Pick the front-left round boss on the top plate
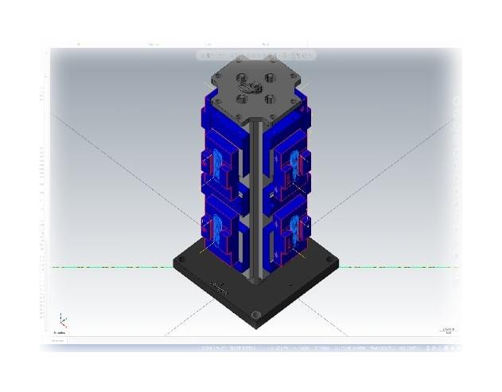[x=241, y=98]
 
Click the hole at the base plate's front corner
[x=255, y=316]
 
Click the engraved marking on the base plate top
[x=217, y=285]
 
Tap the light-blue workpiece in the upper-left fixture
[x=212, y=168]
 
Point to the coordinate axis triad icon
[x=62, y=321]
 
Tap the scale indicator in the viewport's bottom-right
[x=447, y=331]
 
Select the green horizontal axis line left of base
[x=111, y=266]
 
